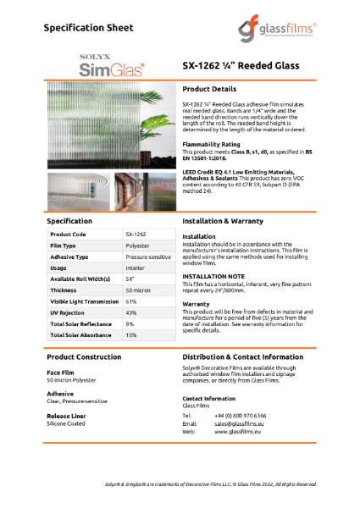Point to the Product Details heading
(x=212, y=89)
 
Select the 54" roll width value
(x=130, y=278)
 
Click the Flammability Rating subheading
(x=215, y=145)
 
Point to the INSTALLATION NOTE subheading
(x=216, y=276)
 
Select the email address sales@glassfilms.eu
(x=246, y=423)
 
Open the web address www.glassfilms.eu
(x=242, y=431)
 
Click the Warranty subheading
(x=197, y=303)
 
